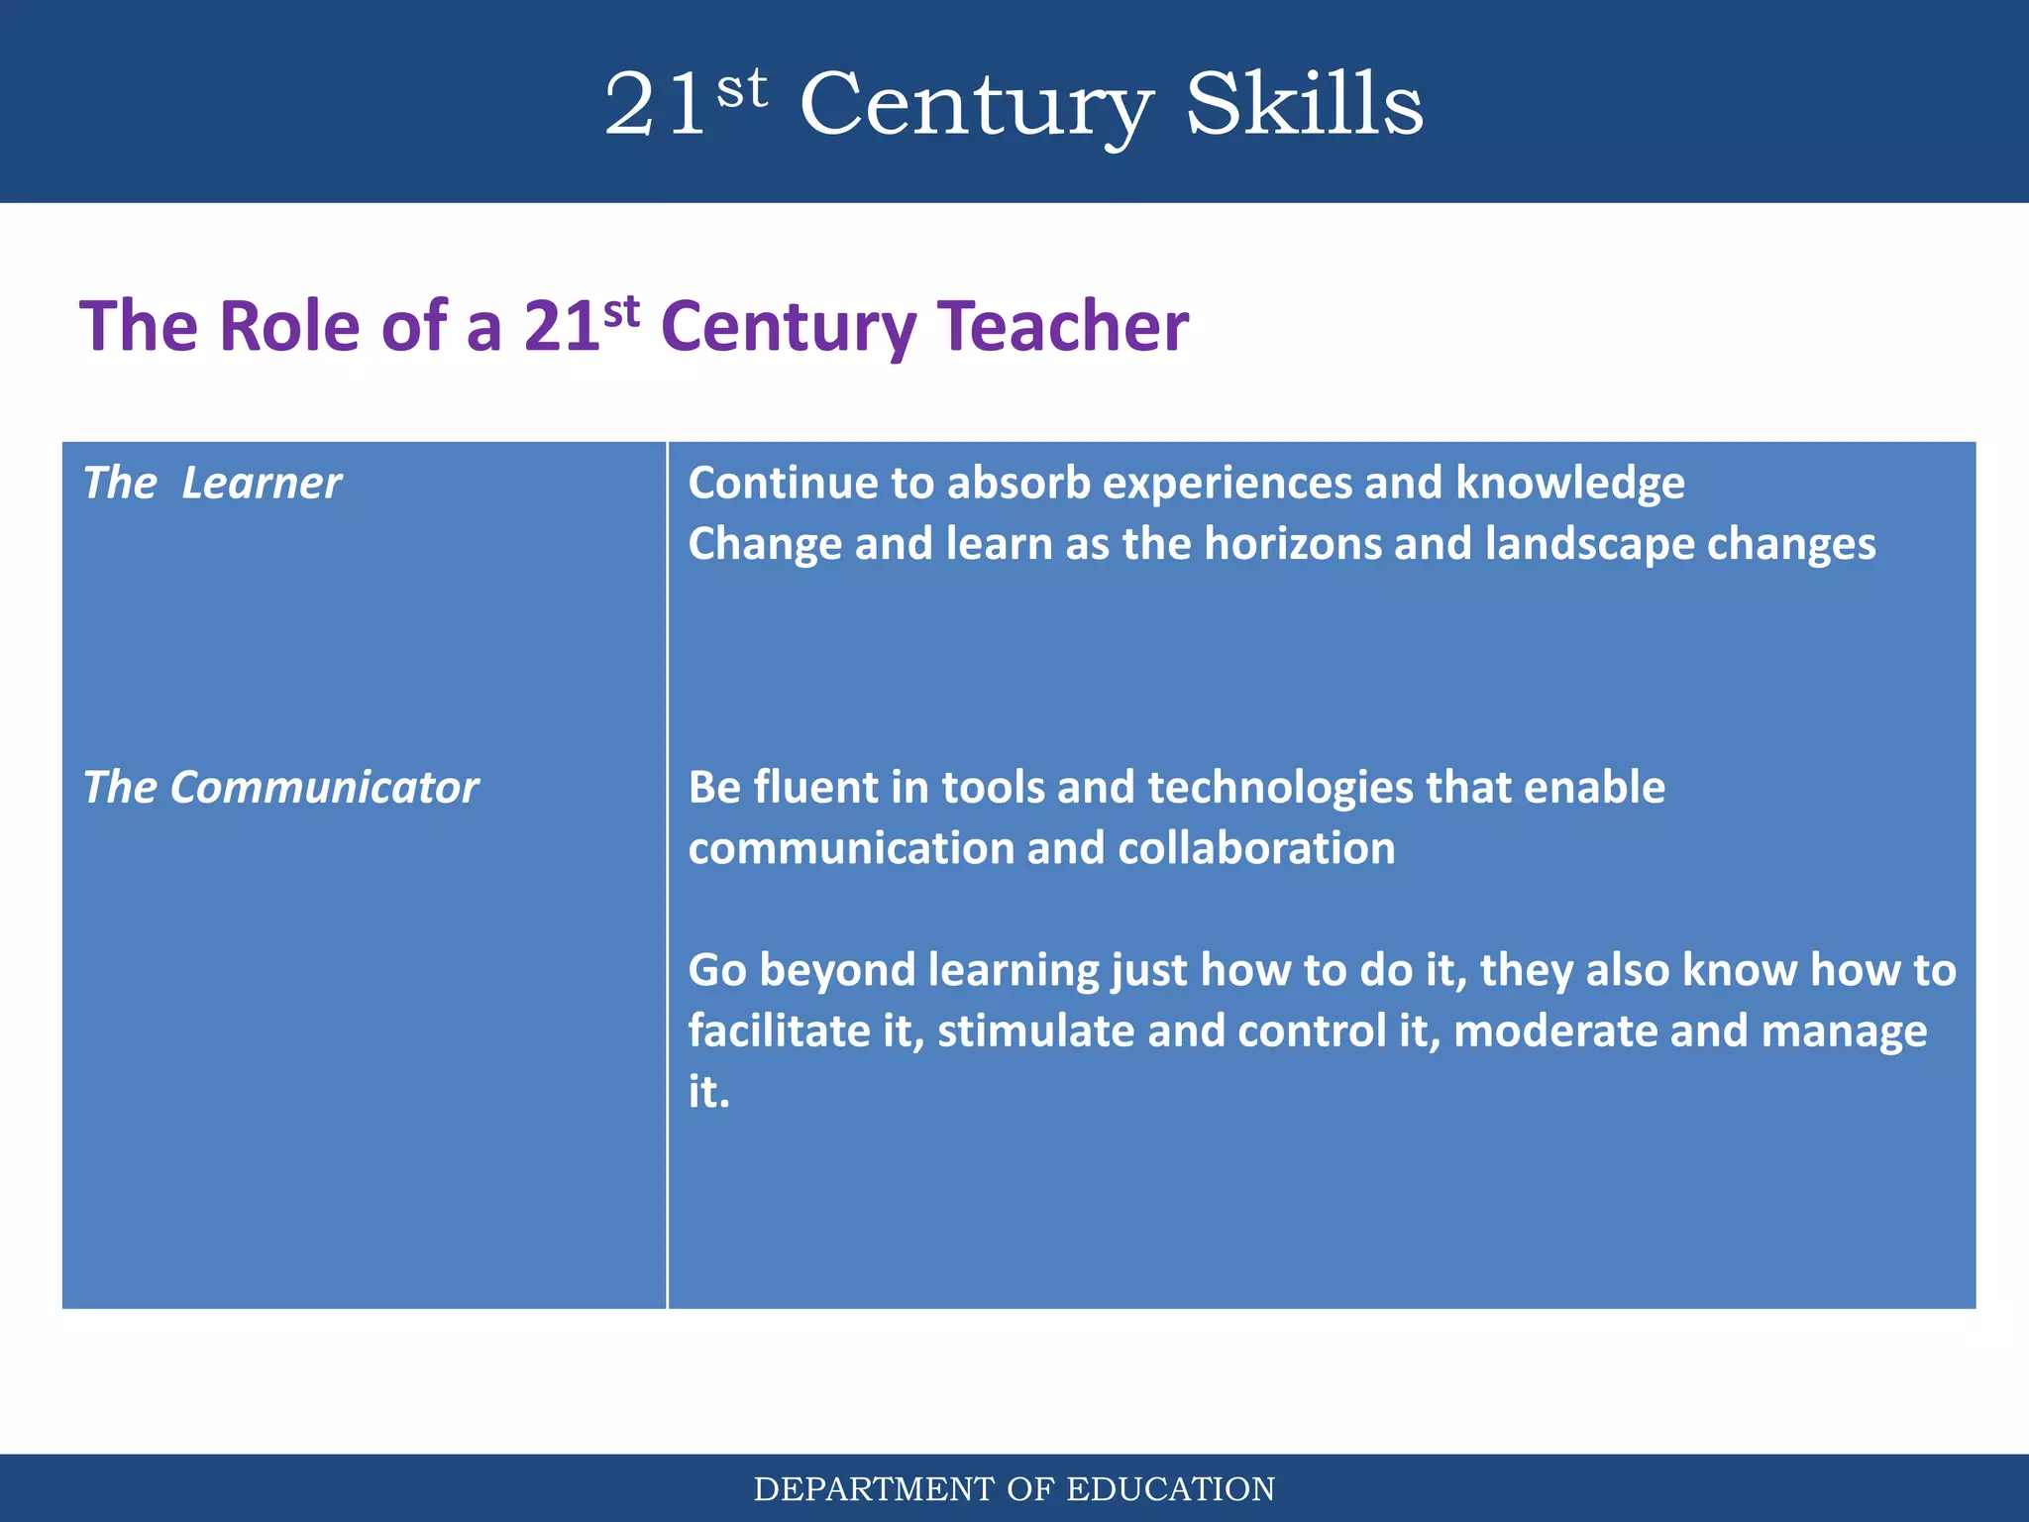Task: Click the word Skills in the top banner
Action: tap(1304, 105)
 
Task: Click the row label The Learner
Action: tap(212, 484)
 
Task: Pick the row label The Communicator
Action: tap(280, 788)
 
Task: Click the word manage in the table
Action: tap(1844, 1033)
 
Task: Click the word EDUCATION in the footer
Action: tap(1170, 1489)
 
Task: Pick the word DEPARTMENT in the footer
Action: tap(874, 1489)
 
